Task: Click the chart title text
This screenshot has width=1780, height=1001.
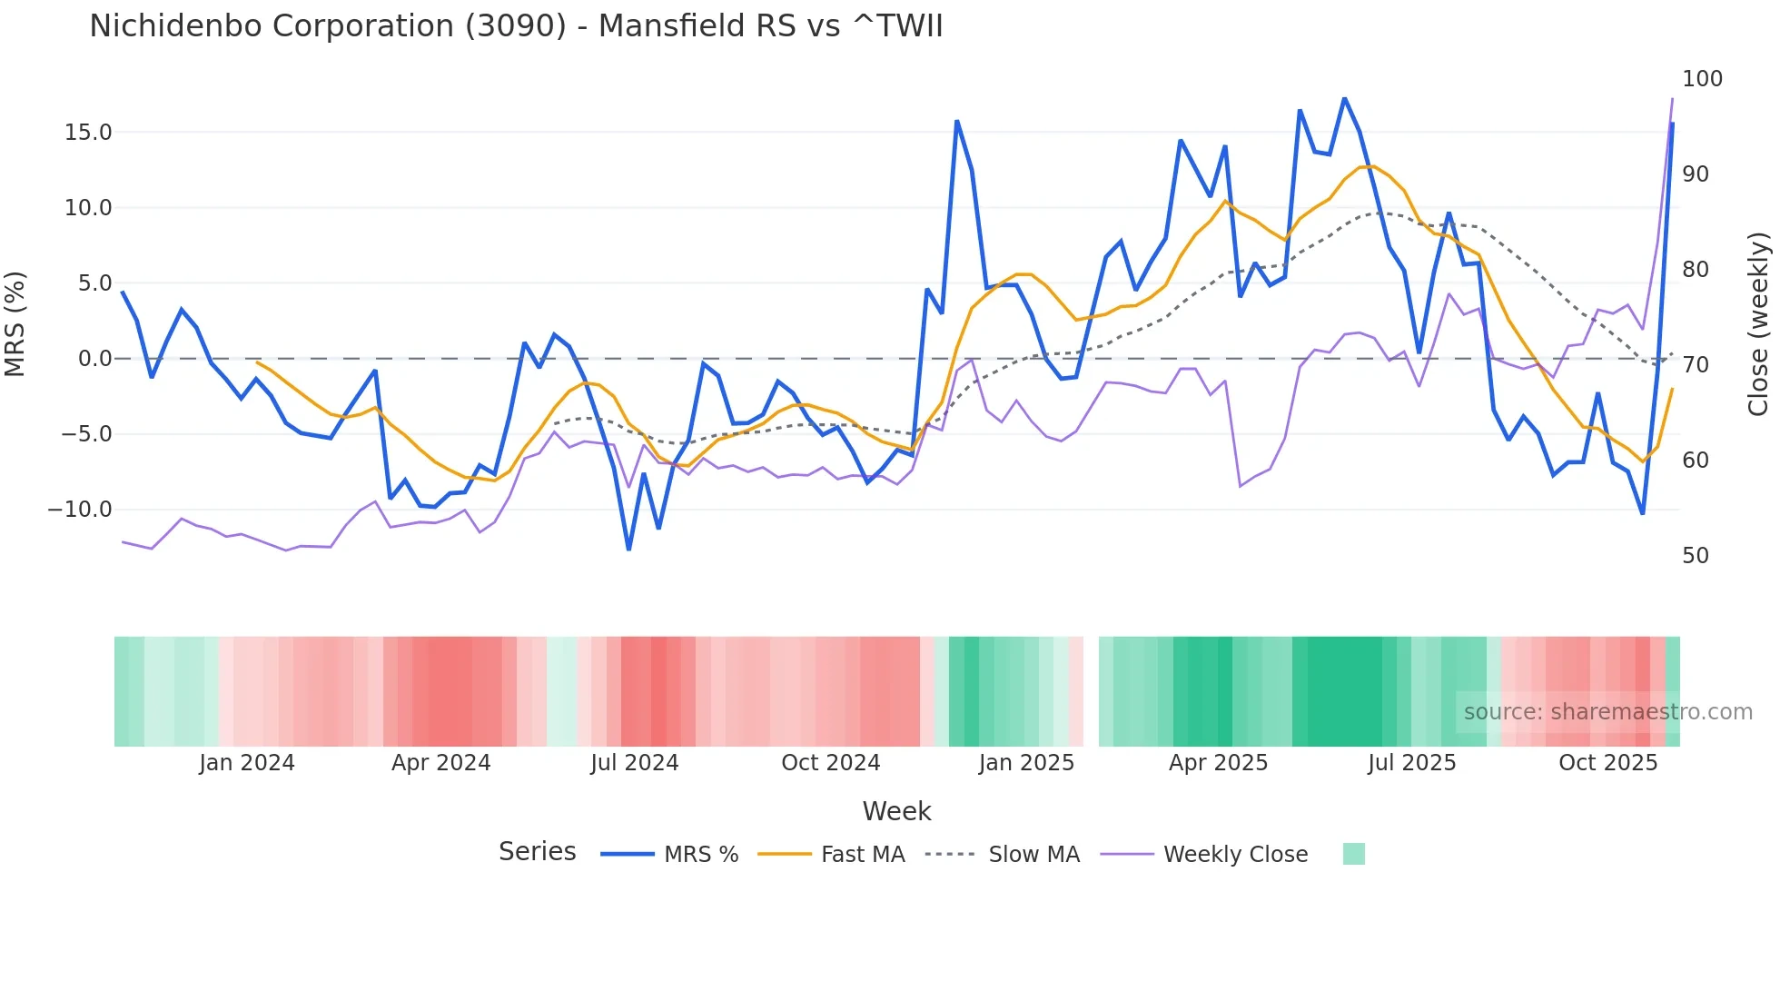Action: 516,26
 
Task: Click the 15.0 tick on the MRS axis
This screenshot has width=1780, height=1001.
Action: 88,133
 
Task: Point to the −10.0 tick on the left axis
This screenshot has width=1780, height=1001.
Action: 80,510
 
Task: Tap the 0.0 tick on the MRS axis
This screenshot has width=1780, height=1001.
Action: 94,359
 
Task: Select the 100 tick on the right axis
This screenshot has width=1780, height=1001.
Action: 1702,79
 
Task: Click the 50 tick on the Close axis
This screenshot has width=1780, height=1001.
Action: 1696,556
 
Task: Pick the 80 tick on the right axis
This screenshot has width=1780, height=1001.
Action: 1696,270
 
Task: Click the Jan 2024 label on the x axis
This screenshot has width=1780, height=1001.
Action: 247,763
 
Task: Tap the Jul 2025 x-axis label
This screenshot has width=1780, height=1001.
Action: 1411,763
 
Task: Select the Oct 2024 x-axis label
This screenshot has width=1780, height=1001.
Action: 830,763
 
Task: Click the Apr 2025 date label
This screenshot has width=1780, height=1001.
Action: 1218,763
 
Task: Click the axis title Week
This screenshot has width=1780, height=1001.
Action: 896,811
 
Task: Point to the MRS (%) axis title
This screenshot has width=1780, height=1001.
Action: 15,323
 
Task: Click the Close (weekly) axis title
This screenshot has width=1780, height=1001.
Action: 1758,323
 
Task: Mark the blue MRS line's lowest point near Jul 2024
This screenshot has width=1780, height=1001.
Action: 628,549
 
